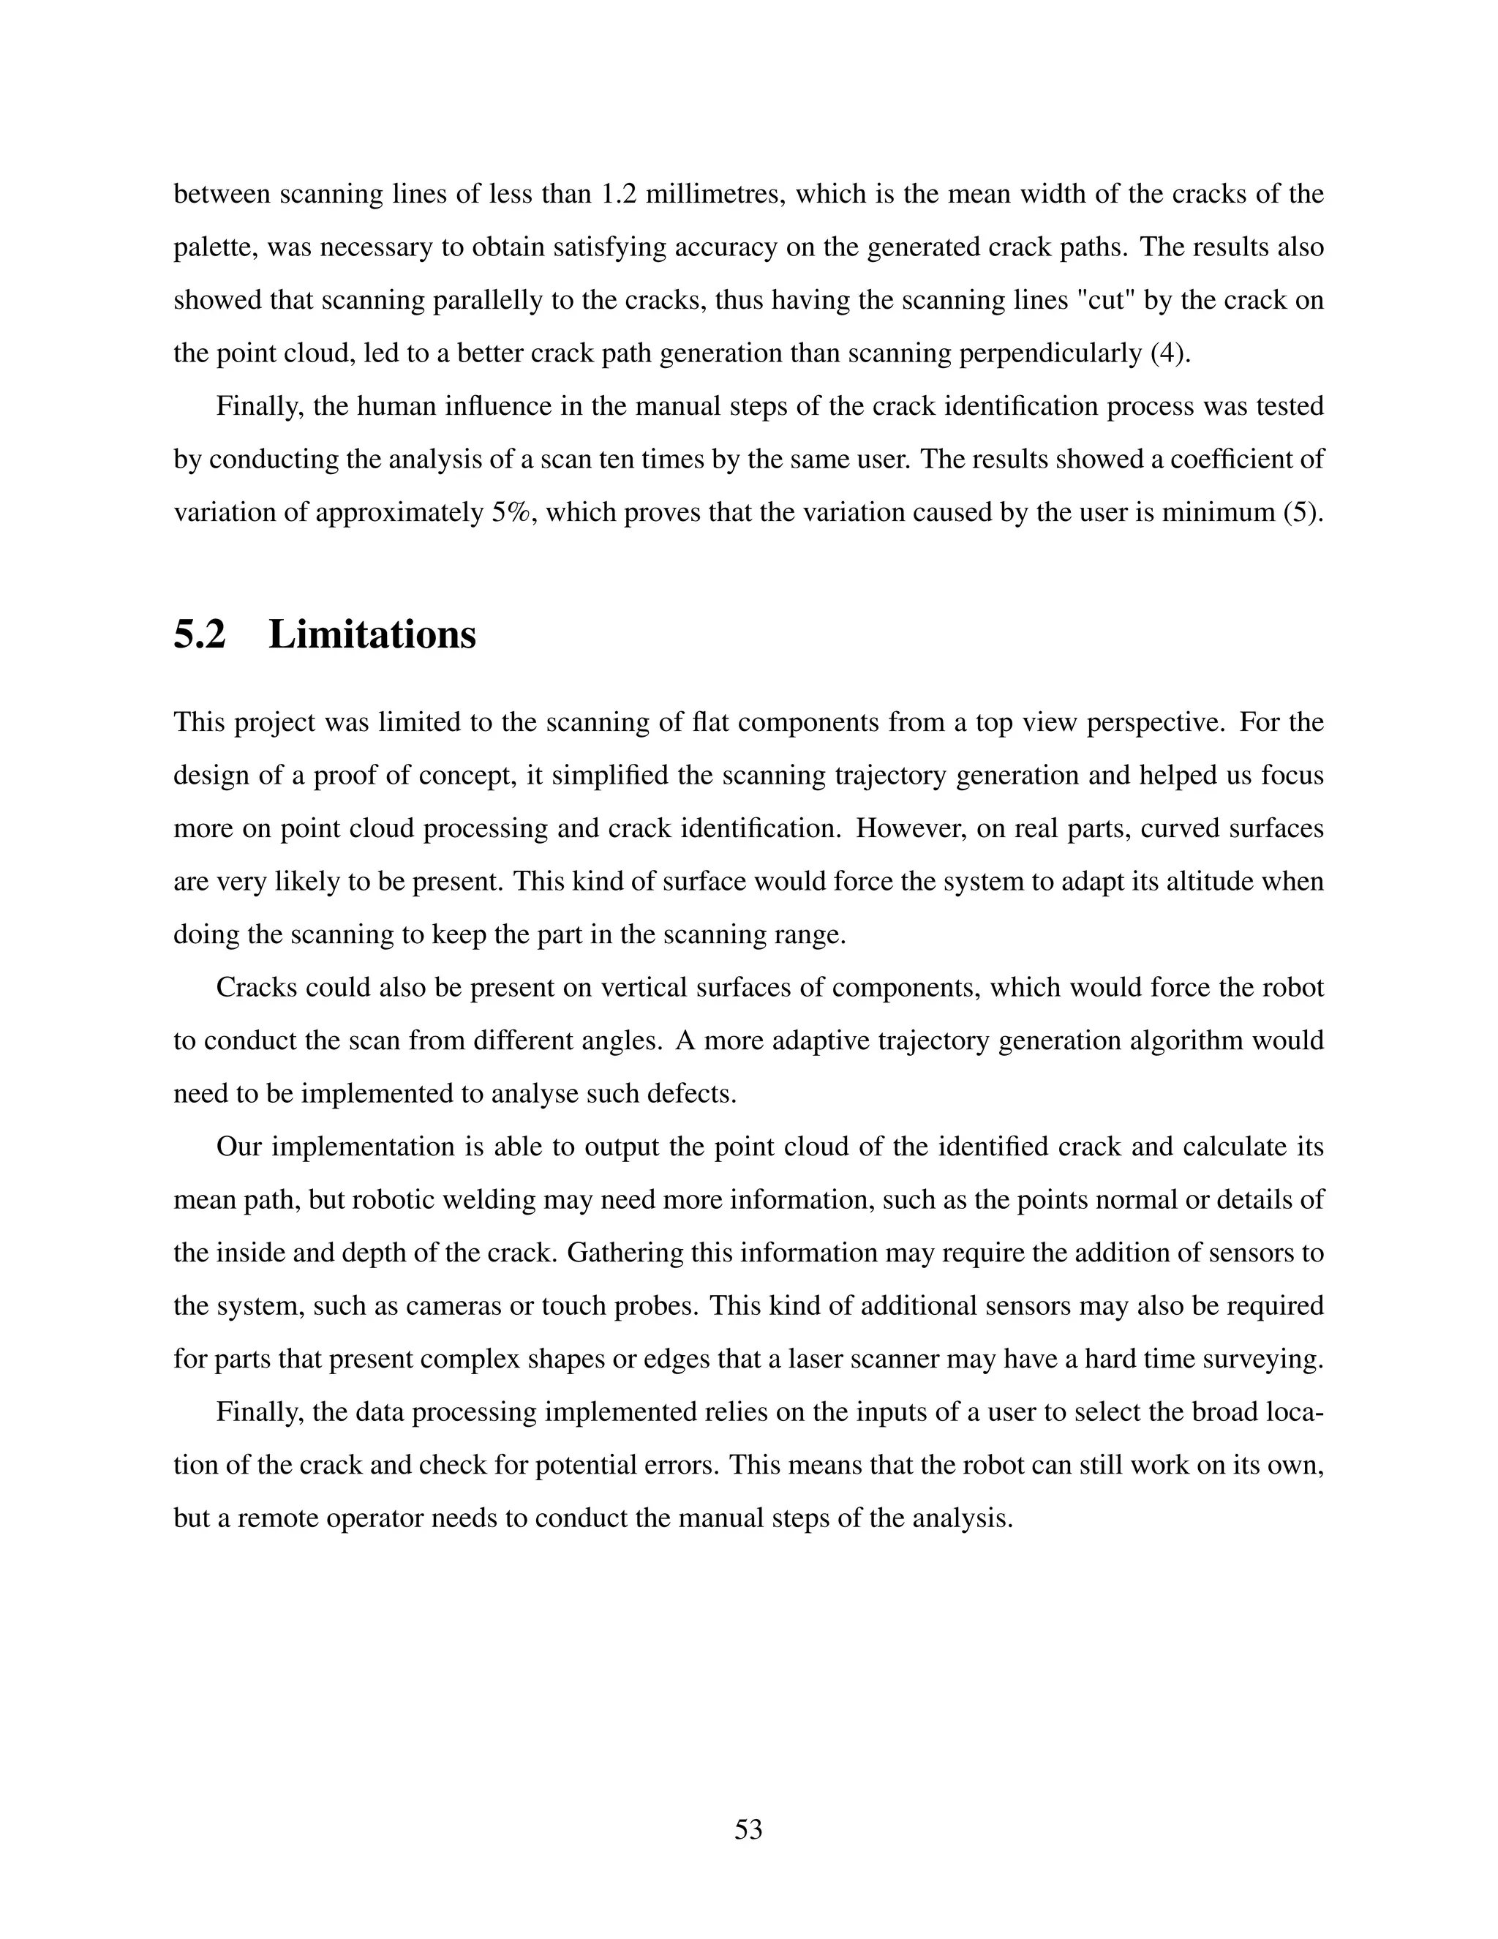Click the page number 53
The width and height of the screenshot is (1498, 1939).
coord(748,1829)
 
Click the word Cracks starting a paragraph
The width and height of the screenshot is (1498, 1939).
coord(257,987)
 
